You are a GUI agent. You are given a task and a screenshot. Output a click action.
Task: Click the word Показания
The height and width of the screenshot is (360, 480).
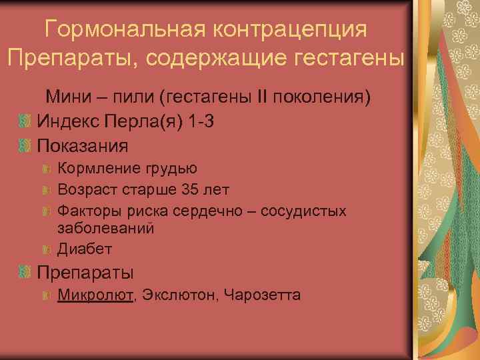click(83, 144)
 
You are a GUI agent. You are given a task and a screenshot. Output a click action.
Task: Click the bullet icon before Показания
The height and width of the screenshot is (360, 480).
click(25, 144)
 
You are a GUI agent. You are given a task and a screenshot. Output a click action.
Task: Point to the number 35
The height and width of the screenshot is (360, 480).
click(190, 190)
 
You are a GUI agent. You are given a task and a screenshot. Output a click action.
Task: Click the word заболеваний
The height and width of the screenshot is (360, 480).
click(106, 228)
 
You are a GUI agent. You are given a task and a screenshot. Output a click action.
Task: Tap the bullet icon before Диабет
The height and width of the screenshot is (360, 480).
click(46, 249)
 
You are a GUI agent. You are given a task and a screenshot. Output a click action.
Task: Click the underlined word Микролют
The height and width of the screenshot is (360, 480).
click(95, 294)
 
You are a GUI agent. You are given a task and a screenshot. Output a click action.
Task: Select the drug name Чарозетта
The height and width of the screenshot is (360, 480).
click(263, 294)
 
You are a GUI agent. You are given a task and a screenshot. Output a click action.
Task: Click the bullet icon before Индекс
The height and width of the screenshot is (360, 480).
click(25, 121)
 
